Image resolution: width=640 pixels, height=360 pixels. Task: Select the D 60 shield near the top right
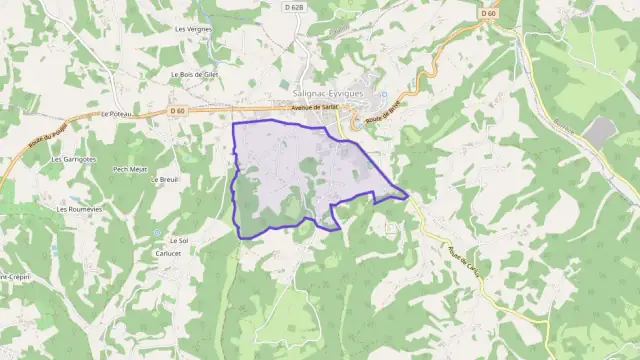[x=488, y=13]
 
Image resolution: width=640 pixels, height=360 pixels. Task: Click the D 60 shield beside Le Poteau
[x=178, y=110]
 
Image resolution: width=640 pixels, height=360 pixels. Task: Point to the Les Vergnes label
[x=192, y=29]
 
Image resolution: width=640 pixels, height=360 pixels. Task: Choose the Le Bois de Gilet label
[x=194, y=74]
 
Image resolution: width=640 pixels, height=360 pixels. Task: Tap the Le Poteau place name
[x=117, y=114]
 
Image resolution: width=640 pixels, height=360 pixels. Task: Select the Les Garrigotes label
[x=74, y=159]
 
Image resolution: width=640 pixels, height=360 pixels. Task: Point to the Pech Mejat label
[x=130, y=169]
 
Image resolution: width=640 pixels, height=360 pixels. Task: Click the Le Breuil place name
[x=163, y=180]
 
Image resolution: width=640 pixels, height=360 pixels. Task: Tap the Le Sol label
[x=179, y=241]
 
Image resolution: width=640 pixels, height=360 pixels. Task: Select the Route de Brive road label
[x=382, y=110]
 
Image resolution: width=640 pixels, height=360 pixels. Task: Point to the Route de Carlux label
[x=465, y=262]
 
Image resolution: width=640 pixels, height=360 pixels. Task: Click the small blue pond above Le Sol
[x=157, y=232]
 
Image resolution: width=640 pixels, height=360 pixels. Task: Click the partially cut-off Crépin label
[x=12, y=276]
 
